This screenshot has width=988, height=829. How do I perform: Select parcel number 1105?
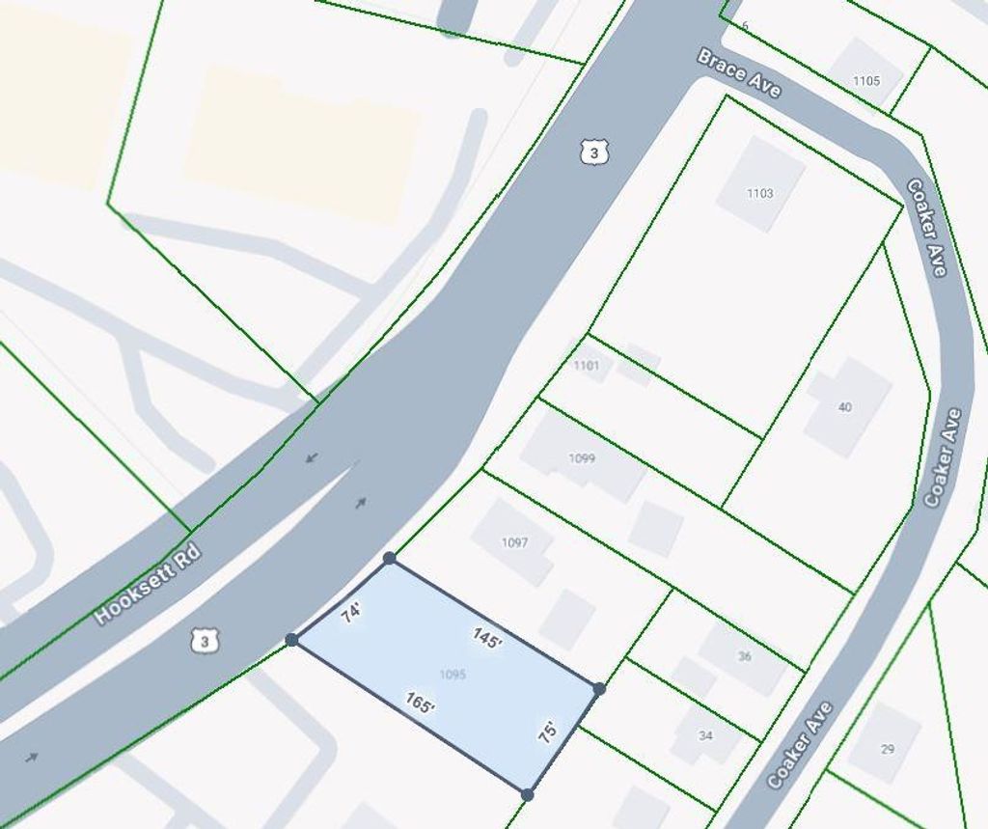(865, 81)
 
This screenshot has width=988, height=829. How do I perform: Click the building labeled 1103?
(759, 193)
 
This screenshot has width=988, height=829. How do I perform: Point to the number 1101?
(586, 366)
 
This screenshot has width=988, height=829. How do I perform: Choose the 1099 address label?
(582, 458)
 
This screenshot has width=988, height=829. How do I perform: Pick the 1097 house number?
(514, 542)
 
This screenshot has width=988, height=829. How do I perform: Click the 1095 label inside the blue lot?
(452, 675)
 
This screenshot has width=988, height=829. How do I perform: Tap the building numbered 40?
(844, 407)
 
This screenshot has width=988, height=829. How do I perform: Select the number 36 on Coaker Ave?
(744, 656)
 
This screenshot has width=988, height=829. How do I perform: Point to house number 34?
(705, 735)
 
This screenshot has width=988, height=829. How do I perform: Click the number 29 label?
(887, 748)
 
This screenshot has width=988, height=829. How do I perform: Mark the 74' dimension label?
(351, 613)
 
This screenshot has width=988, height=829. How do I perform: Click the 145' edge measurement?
(486, 638)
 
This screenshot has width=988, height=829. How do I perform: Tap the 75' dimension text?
(547, 732)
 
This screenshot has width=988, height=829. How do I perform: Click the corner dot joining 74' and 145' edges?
(389, 558)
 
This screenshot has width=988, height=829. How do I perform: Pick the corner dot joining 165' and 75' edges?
(527, 794)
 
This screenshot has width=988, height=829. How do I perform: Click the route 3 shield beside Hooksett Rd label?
(203, 640)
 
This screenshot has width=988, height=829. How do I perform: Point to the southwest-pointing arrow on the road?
(310, 457)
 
